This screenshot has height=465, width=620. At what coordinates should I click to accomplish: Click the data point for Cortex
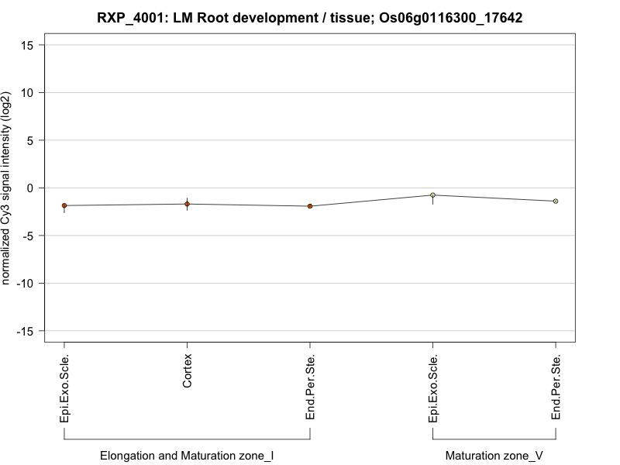pos(187,204)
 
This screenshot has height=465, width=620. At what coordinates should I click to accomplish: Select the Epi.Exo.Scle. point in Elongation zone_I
pos(64,205)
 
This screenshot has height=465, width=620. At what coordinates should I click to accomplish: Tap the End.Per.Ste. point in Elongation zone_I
pos(310,206)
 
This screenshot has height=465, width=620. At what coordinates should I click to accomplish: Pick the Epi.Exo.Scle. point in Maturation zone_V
pos(432,195)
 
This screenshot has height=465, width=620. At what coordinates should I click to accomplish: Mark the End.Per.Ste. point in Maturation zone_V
pos(556,201)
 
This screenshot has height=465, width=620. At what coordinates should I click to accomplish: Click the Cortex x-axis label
pos(188,371)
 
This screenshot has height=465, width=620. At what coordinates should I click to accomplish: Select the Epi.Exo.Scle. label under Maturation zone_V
pos(433,388)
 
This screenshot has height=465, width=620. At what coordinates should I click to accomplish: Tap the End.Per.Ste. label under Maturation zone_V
pos(556,387)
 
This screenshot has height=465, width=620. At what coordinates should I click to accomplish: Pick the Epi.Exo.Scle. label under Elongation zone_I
pos(64,388)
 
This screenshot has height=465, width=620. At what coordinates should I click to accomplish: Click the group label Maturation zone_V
pos(494,456)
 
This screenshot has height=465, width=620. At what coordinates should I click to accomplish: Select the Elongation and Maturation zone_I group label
pos(187,456)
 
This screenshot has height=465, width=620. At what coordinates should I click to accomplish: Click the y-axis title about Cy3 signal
pos(7,188)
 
